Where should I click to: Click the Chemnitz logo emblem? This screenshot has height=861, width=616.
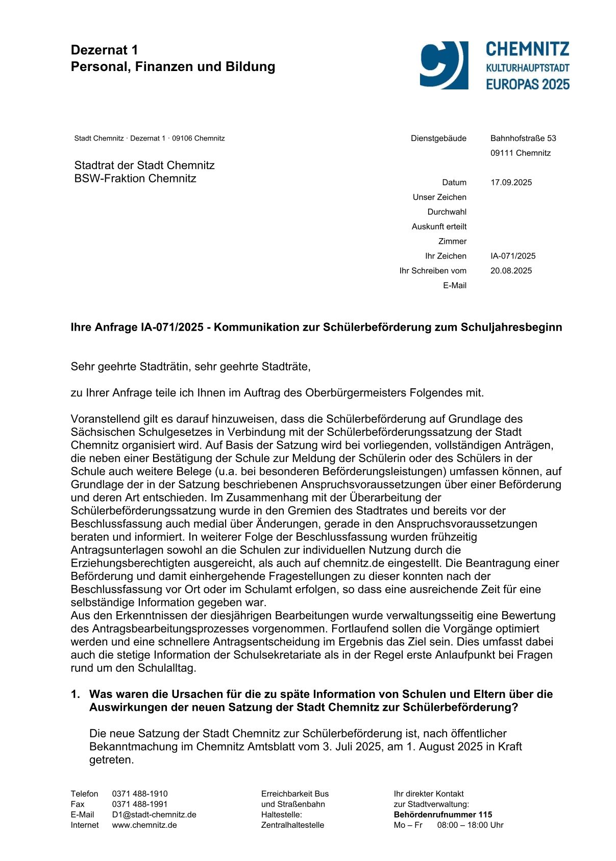443,65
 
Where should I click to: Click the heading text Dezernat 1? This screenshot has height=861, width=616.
104,50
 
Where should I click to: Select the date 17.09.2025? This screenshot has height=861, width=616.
511,182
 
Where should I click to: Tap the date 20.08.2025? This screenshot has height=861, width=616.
511,271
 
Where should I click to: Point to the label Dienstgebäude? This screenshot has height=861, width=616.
438,138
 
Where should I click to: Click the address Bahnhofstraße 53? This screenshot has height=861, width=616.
523,138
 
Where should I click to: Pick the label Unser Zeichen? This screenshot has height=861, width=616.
439,197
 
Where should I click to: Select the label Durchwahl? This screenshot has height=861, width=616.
447,212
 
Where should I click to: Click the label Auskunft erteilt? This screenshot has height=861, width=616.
439,226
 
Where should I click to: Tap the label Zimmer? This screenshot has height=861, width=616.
452,241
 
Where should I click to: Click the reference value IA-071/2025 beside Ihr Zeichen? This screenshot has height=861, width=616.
513,256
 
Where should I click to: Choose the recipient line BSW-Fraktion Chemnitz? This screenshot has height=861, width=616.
135,178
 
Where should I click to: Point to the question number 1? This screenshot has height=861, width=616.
76,694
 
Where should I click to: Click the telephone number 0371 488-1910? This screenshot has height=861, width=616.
140,794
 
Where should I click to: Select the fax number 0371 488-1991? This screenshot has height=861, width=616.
140,804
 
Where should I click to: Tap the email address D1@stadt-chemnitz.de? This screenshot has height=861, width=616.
154,815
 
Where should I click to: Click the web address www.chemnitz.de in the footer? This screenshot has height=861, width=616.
144,825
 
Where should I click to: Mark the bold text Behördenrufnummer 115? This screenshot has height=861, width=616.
442,815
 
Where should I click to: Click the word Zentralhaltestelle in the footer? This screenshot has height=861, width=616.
292,825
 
